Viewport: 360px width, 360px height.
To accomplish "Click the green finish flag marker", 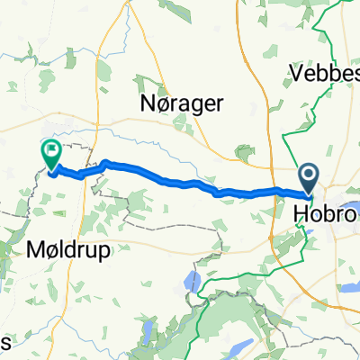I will (x=50, y=154).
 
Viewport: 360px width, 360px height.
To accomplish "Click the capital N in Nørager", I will (x=143, y=104).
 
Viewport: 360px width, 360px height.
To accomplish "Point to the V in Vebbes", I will (x=295, y=72).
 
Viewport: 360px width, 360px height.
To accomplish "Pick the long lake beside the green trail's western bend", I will (x=189, y=282).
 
